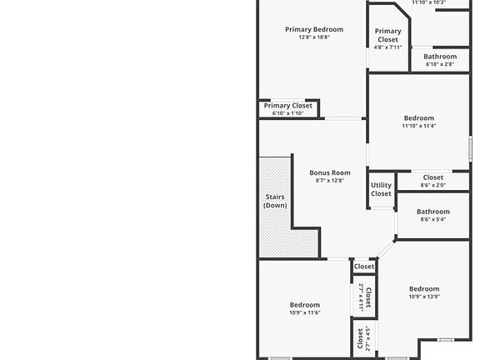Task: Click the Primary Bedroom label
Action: point(314,29)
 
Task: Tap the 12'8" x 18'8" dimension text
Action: point(314,37)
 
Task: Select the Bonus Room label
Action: point(330,172)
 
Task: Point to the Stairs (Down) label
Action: point(275,201)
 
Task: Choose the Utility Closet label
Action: point(381,190)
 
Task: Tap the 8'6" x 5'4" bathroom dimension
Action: point(433,220)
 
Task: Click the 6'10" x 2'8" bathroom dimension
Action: point(440,64)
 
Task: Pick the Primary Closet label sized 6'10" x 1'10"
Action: point(288,106)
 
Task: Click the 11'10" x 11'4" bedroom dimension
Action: point(418,127)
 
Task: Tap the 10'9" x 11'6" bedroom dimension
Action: point(304,313)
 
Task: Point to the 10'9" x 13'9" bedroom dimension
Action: point(424,297)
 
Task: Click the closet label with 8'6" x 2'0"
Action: point(433,177)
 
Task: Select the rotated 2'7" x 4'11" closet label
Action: point(365,297)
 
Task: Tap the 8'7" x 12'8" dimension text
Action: point(330,181)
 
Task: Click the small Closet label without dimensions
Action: point(364,267)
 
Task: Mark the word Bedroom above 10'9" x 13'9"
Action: point(424,288)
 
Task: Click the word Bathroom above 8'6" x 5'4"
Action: point(433,212)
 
